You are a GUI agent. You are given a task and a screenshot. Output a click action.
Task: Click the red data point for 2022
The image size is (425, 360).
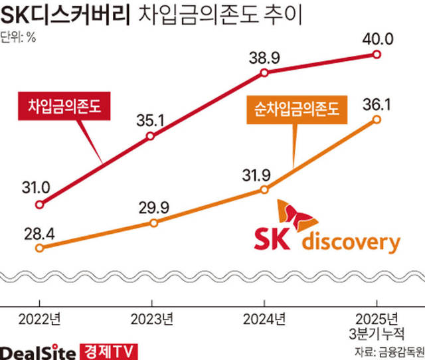point(40,205)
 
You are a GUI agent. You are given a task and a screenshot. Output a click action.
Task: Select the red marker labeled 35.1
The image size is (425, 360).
point(151,136)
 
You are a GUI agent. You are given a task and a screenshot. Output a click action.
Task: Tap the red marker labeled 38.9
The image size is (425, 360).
point(264,72)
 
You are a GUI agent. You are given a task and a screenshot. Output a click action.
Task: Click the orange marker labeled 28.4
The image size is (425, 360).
point(40,248)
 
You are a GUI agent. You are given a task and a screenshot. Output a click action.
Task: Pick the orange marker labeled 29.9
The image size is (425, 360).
point(154,223)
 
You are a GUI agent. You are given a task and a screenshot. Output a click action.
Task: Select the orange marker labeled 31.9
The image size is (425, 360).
point(264,190)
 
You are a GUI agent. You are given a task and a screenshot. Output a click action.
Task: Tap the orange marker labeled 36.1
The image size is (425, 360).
point(377,120)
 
